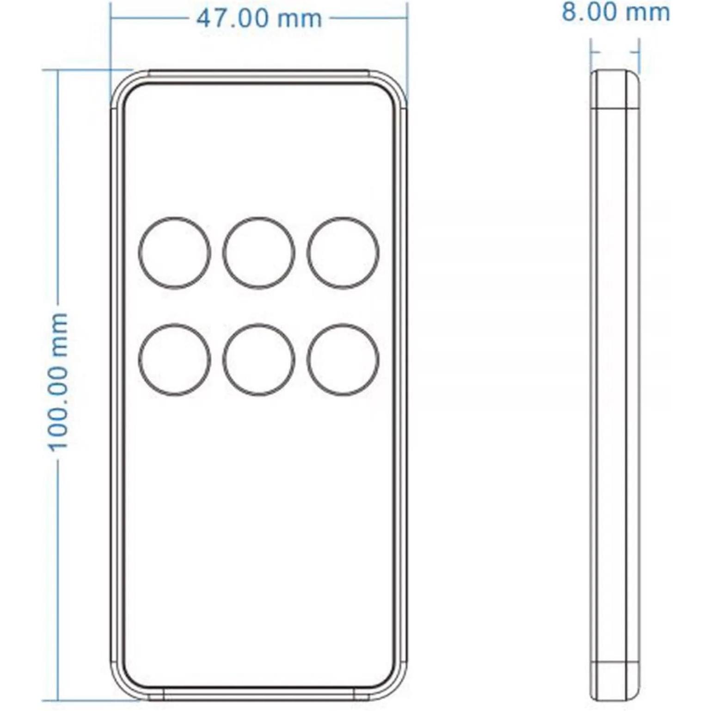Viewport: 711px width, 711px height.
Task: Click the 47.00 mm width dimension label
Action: pyautogui.click(x=259, y=19)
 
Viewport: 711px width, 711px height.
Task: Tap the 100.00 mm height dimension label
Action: pyautogui.click(x=59, y=381)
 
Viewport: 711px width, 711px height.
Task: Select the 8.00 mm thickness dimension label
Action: pyautogui.click(x=616, y=12)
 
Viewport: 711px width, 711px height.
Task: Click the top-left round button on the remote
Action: pyautogui.click(x=175, y=253)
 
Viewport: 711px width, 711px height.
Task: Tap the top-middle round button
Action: pyautogui.click(x=259, y=253)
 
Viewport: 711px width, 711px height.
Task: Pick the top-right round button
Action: pyautogui.click(x=343, y=253)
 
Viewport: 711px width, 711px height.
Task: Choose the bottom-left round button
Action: pyautogui.click(x=175, y=360)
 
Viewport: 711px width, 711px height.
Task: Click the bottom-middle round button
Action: pyautogui.click(x=259, y=360)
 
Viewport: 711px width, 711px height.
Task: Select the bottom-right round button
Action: pyautogui.click(x=343, y=360)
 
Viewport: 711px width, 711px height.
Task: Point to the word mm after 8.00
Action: pyautogui.click(x=649, y=12)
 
